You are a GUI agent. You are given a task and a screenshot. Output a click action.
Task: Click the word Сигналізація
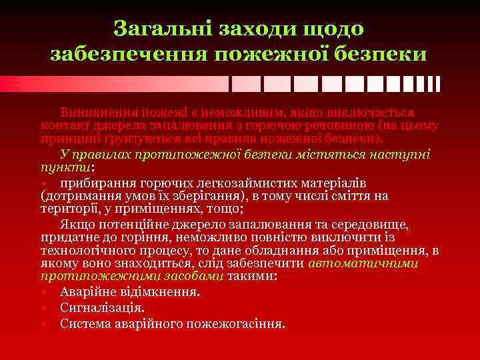101,308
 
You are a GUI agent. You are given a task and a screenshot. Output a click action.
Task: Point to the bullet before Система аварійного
43,325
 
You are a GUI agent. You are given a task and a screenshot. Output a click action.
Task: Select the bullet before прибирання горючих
43,183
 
